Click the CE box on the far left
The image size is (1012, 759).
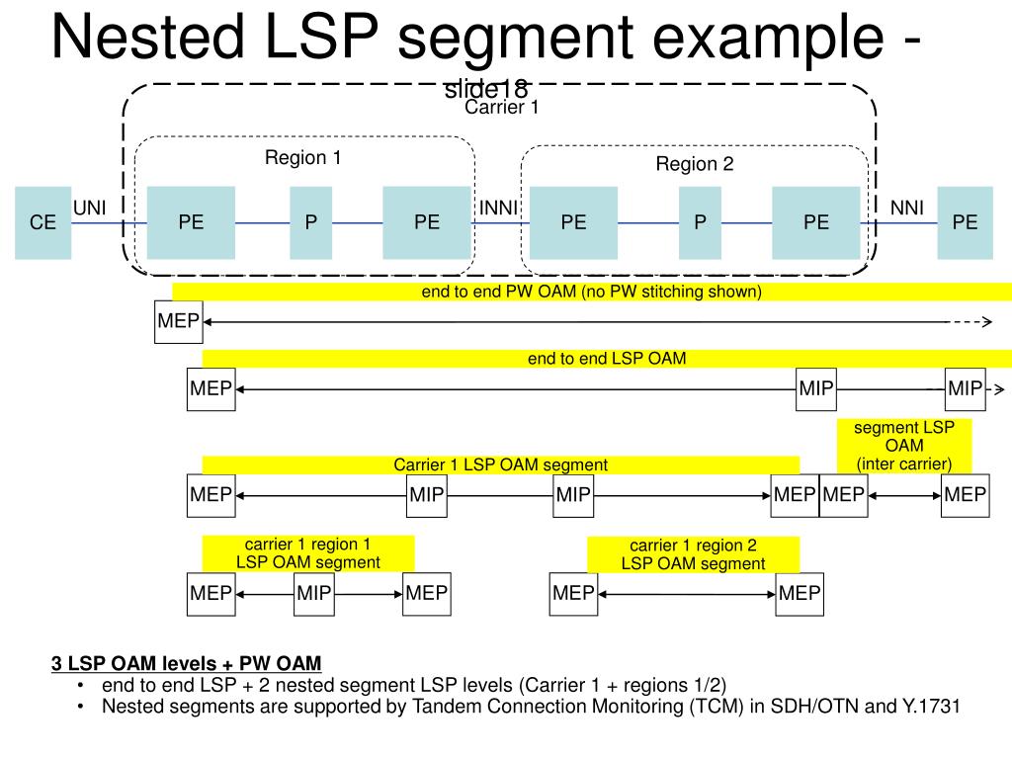[x=42, y=222]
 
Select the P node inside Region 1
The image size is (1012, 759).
[x=310, y=222]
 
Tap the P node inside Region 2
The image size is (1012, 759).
[x=700, y=222]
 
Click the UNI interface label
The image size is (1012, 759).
[x=90, y=208]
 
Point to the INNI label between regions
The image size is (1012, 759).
[x=499, y=208]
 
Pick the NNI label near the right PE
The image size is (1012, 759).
[x=907, y=208]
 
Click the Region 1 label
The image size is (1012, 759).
[x=302, y=157]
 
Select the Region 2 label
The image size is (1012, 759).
[x=695, y=164]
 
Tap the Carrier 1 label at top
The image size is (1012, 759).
[x=502, y=108]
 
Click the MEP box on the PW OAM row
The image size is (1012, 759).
[x=178, y=321]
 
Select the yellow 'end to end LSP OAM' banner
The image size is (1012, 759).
[x=606, y=359]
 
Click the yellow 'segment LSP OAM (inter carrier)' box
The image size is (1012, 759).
[x=904, y=446]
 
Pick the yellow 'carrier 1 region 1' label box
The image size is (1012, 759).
[x=308, y=553]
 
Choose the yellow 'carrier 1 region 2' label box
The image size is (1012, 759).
[x=693, y=554]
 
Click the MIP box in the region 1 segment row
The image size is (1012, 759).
[x=314, y=593]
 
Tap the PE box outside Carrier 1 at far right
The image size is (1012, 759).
[x=965, y=222]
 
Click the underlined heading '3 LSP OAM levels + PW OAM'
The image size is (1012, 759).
[x=187, y=662]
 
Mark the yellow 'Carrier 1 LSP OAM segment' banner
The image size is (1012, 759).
[x=500, y=464]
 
